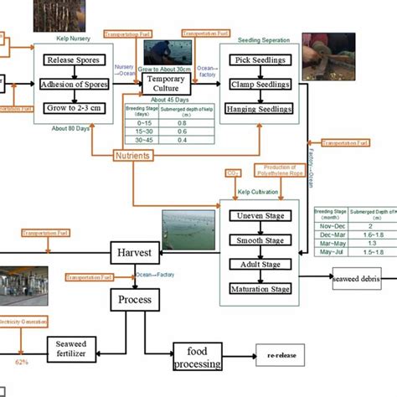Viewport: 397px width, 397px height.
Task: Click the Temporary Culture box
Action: tap(166, 84)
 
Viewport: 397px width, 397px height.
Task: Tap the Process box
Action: tap(134, 299)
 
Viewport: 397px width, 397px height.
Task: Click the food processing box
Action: tap(198, 357)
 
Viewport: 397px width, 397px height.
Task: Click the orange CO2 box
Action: tap(233, 173)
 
